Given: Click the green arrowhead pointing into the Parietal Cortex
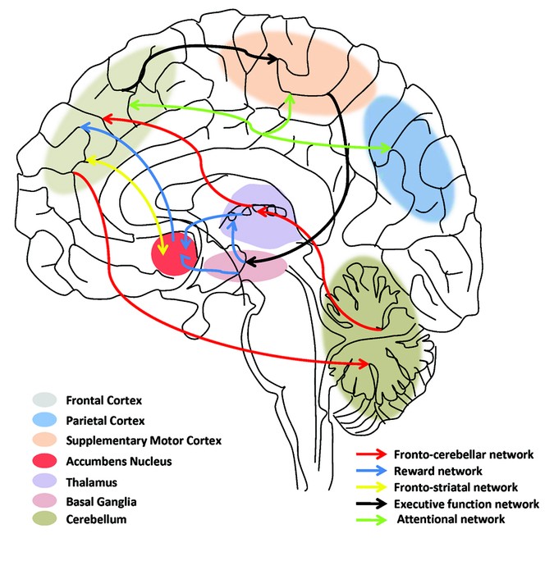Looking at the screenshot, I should (x=382, y=148).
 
